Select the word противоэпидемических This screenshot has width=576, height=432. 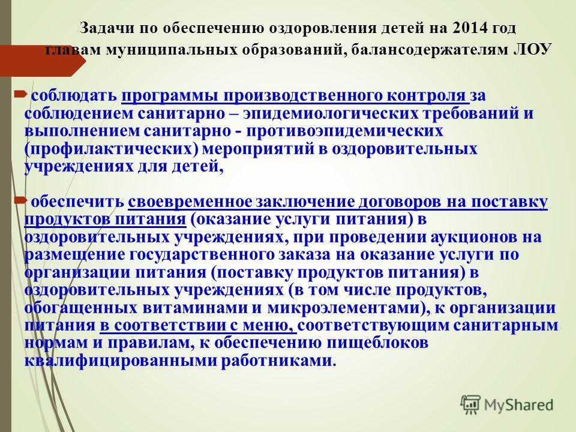tap(345, 131)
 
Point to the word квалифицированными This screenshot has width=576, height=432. tap(120, 361)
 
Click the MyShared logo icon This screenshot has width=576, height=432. tap(470, 405)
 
